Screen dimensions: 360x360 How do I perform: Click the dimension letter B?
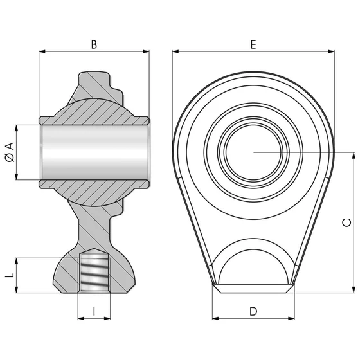point(94,44)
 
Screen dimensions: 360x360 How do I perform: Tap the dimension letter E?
point(253,44)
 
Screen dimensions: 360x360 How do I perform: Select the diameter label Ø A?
point(9,152)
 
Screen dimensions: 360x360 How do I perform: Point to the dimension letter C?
point(345,222)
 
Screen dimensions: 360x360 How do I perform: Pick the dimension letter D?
point(253,311)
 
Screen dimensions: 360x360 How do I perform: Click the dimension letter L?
point(9,274)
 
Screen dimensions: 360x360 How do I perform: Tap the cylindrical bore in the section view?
point(94,152)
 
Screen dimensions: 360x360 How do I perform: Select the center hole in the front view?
point(253,152)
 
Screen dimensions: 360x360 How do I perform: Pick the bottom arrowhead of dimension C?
point(354,291)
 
